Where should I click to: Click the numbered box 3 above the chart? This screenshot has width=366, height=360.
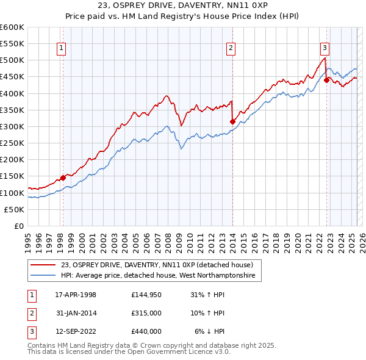[x=325, y=48]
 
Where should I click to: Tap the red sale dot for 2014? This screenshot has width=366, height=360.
[x=232, y=121]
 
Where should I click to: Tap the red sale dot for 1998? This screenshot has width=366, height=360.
[x=63, y=178]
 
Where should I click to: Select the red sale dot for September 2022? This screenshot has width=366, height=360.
[x=327, y=80]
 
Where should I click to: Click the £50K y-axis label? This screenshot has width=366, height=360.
[x=15, y=209]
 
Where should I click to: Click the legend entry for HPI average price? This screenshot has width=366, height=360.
[x=160, y=276]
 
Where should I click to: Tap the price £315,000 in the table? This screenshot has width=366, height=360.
[x=146, y=314]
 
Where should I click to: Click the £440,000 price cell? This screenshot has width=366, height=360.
[x=146, y=332]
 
